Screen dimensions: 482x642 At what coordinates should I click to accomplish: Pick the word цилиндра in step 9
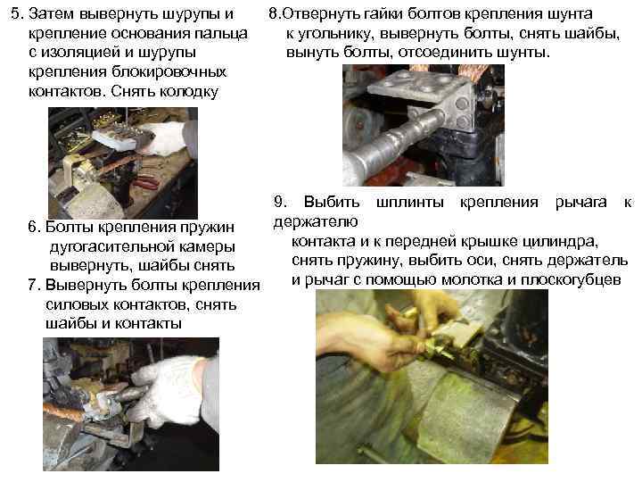[568, 242]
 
